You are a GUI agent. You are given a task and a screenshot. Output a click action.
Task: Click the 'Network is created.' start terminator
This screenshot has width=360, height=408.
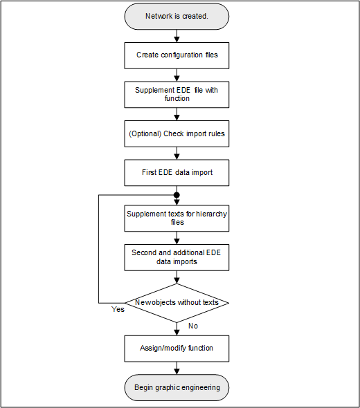coord(177,16)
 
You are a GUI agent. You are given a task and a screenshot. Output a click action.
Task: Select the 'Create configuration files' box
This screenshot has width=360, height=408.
coord(177,55)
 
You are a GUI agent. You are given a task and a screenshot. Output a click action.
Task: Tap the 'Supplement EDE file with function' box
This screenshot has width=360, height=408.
coord(177,94)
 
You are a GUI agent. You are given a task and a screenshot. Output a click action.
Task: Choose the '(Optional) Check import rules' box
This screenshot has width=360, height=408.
coord(177,133)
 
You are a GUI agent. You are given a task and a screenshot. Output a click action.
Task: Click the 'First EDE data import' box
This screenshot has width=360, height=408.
coord(177,173)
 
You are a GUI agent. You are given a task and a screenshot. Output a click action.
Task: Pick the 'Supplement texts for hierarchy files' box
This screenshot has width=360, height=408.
coord(177,218)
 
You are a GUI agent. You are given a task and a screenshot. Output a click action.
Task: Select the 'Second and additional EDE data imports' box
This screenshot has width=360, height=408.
coord(177,257)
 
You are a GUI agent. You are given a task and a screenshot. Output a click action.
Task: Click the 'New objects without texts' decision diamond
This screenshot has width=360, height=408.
coord(177,302)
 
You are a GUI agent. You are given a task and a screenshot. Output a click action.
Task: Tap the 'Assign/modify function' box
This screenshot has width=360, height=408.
coord(177,348)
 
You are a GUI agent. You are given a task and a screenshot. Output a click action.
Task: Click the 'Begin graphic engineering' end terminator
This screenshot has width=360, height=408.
coord(177,387)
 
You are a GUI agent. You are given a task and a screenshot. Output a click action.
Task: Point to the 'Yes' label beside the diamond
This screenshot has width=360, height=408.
coord(118,309)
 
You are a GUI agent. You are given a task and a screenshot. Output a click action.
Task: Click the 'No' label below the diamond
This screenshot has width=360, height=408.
coord(192,325)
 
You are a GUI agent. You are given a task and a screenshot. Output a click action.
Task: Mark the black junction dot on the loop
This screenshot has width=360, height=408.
coord(177,195)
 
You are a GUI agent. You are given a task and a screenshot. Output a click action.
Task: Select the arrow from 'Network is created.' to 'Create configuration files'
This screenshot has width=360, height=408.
coord(177,35)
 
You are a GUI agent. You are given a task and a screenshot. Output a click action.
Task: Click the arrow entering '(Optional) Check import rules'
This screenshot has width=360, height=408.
coord(177,114)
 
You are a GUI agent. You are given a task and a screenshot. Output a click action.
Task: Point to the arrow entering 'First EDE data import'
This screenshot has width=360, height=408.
coord(177,154)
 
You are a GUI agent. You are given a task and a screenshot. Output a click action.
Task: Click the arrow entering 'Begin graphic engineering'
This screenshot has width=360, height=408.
coord(177,368)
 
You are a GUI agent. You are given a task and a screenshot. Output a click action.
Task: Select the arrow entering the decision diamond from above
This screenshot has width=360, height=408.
coord(177,277)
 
